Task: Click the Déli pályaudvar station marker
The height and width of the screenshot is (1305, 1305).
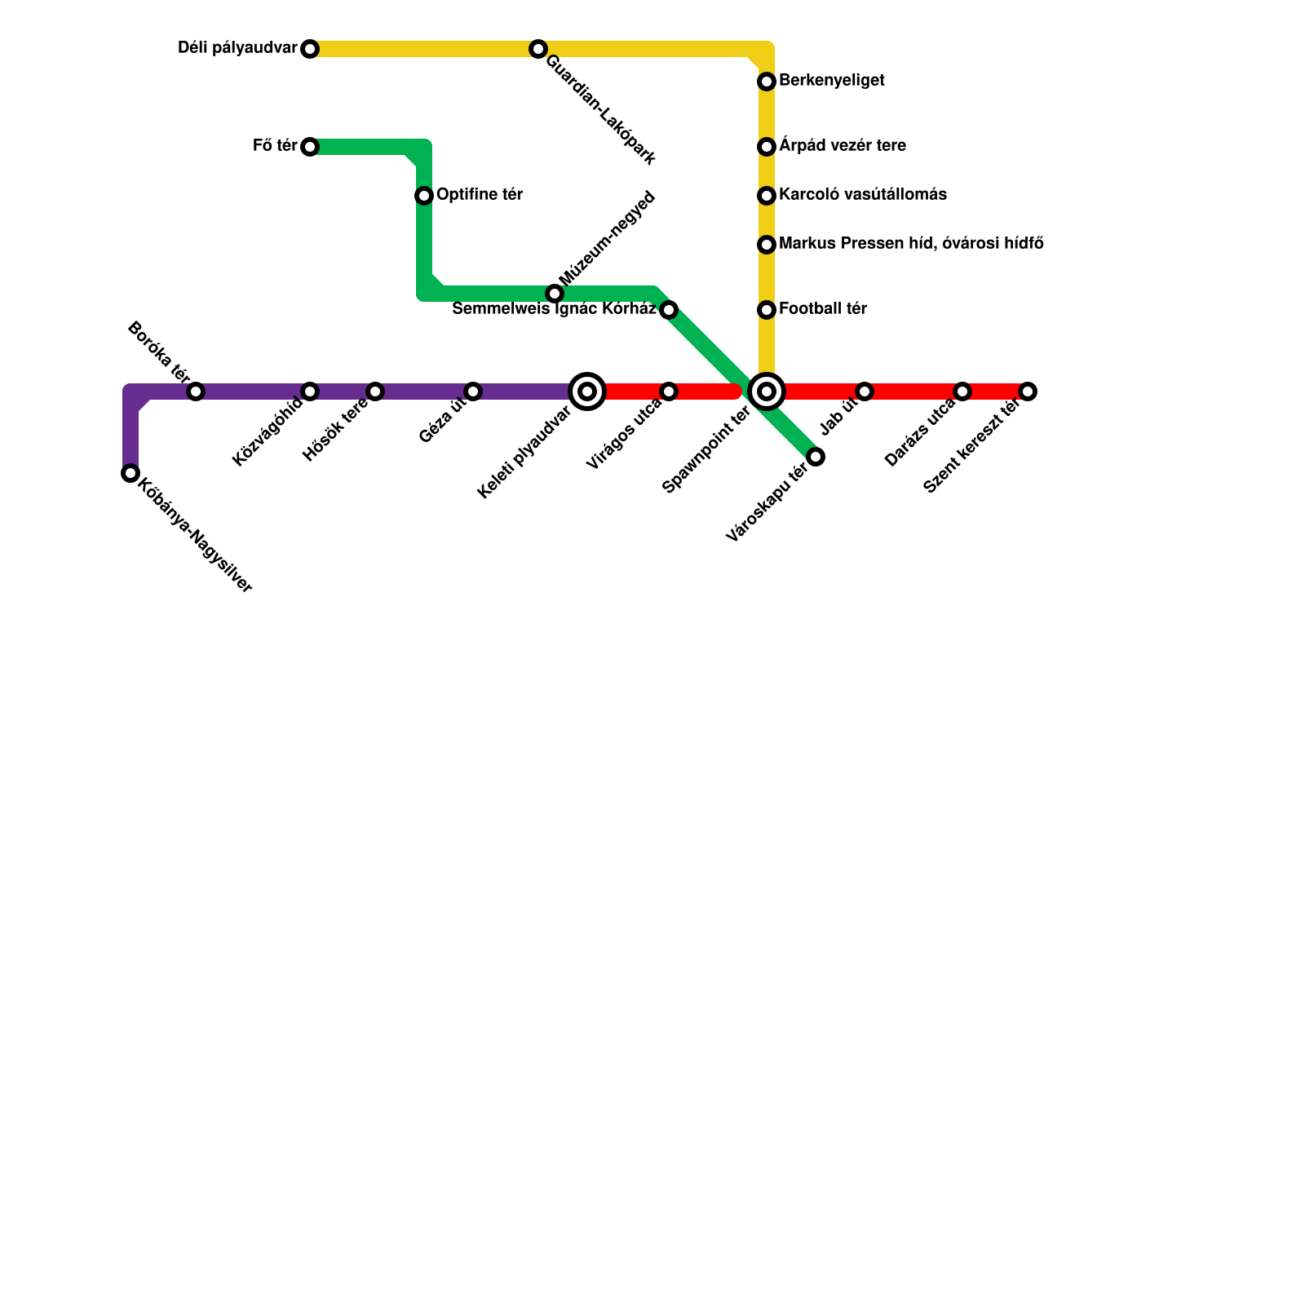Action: (x=310, y=49)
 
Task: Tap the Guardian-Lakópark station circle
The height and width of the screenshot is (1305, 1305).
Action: (x=537, y=49)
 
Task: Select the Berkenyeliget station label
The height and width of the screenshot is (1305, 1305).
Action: (x=831, y=81)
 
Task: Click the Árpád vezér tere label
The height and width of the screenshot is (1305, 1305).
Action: (x=842, y=146)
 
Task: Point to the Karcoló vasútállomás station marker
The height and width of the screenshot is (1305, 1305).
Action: (x=767, y=196)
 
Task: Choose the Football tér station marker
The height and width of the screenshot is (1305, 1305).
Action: (x=767, y=310)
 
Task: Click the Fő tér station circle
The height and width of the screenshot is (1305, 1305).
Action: (x=310, y=147)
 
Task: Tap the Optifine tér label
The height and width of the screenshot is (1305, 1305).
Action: (x=479, y=195)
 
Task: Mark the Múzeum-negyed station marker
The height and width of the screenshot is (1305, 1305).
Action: (x=555, y=294)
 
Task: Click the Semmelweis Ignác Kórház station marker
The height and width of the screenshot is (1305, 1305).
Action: (x=669, y=310)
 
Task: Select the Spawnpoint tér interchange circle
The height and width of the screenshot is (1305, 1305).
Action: (x=767, y=391)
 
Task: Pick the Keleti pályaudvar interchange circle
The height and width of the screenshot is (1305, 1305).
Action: (x=587, y=391)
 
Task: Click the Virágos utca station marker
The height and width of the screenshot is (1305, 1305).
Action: (x=669, y=391)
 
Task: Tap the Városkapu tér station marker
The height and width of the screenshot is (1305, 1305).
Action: (x=816, y=456)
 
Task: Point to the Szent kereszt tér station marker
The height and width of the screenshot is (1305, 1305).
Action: (x=1028, y=391)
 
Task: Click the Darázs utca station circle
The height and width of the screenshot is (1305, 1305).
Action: (x=962, y=391)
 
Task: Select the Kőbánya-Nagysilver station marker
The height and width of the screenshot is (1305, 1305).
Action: (x=130, y=473)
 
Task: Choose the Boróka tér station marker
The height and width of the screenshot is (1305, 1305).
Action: (x=196, y=391)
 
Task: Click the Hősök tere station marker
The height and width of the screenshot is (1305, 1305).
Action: (x=375, y=391)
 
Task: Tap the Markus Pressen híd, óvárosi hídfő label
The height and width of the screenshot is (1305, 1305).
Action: (x=910, y=244)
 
